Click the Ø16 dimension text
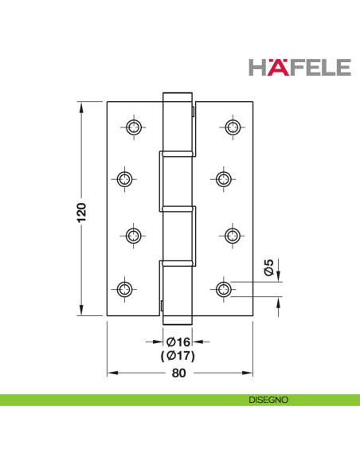(x=179, y=342)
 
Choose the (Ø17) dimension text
(x=179, y=355)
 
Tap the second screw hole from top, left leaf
(x=125, y=179)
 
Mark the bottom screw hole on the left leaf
(x=125, y=287)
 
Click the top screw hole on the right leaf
(x=233, y=127)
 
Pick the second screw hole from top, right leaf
(x=224, y=179)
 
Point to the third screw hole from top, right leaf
(x=233, y=235)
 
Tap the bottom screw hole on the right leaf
(x=224, y=287)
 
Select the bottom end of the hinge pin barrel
(x=178, y=320)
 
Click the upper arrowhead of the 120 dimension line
(x=81, y=106)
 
